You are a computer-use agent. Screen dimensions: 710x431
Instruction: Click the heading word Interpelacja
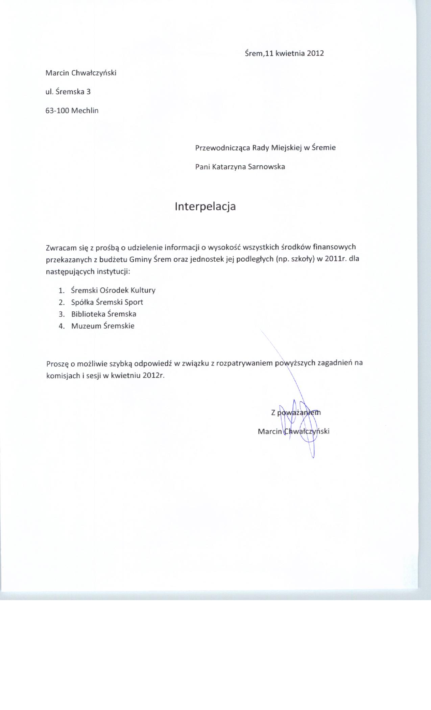click(x=205, y=206)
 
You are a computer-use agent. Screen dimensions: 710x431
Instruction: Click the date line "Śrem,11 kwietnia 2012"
click(x=284, y=53)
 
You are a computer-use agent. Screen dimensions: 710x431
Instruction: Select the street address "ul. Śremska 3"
click(x=68, y=91)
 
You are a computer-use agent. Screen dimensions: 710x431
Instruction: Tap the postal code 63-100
click(x=57, y=111)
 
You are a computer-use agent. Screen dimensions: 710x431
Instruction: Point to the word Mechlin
click(x=85, y=111)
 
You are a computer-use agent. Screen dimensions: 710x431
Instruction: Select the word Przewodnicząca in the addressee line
click(x=223, y=148)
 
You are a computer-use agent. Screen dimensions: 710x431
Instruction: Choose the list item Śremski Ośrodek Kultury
click(x=113, y=290)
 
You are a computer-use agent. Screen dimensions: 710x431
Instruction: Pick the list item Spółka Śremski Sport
click(x=107, y=302)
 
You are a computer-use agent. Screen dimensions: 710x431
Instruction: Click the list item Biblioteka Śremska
click(x=104, y=314)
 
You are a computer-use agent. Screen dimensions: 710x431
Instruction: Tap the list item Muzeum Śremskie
click(x=103, y=326)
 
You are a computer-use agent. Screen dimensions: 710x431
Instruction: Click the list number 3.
click(x=61, y=314)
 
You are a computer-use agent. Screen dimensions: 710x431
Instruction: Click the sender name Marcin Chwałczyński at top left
click(x=81, y=73)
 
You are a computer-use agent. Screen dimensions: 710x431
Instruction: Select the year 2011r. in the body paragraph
click(x=336, y=259)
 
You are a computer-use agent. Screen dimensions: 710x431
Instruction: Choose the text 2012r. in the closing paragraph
click(x=153, y=376)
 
